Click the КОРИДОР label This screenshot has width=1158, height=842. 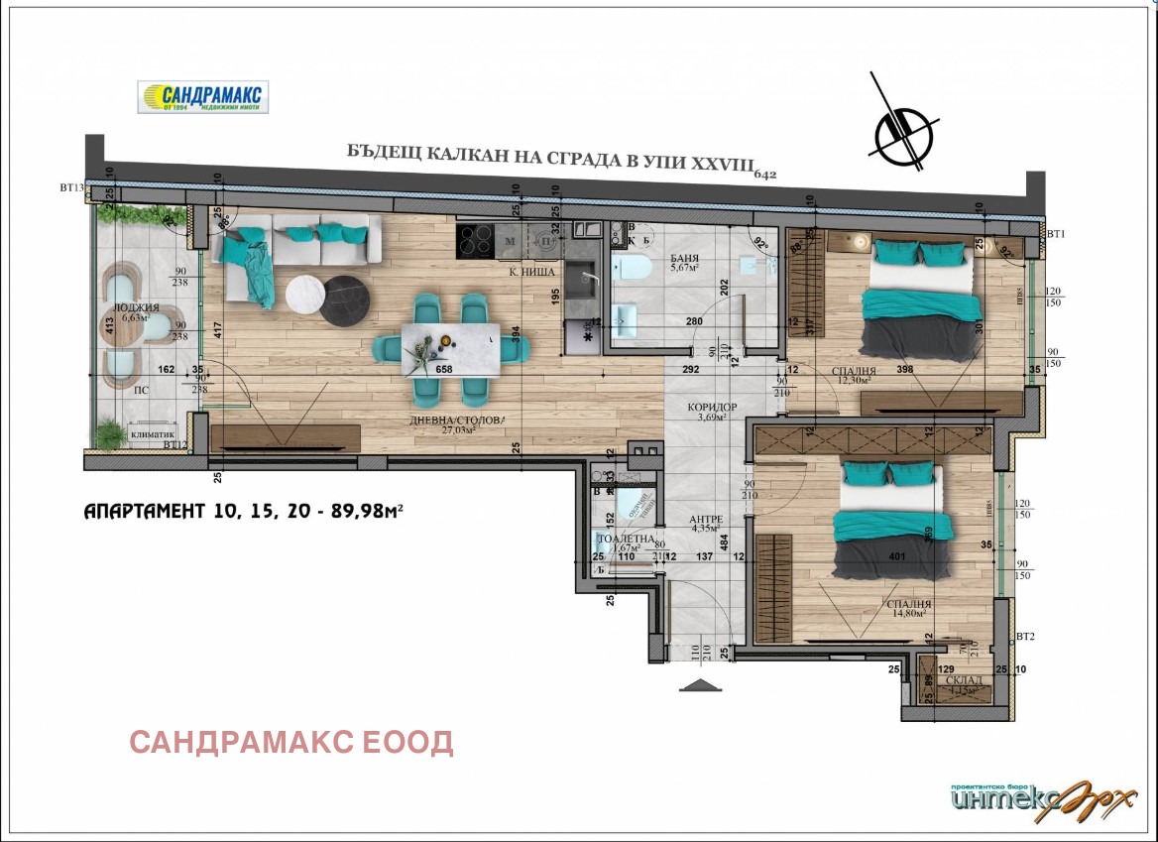click(x=712, y=407)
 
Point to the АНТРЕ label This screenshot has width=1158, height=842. click(x=709, y=520)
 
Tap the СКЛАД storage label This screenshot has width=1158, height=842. click(x=965, y=680)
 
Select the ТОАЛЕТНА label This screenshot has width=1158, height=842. click(x=626, y=538)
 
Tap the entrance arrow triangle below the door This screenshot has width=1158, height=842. click(x=698, y=684)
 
